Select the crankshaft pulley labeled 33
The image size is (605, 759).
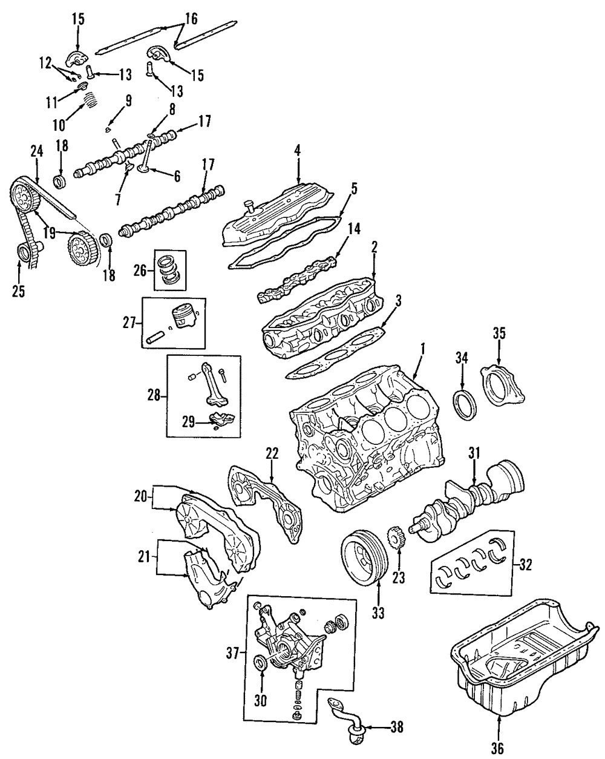(362, 557)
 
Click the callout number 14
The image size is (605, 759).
(355, 229)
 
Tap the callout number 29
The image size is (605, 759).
(189, 421)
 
